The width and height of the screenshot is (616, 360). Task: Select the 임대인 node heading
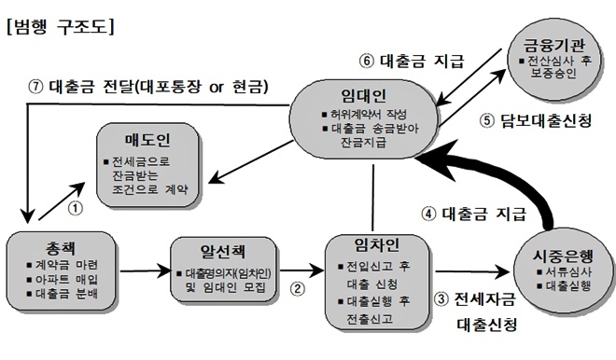coord(365,96)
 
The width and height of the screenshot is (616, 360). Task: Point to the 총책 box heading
coord(55,246)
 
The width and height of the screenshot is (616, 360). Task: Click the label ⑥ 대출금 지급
coord(412,62)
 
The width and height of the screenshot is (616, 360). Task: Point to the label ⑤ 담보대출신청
coord(536,120)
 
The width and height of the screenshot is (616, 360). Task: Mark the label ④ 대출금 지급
coord(474,212)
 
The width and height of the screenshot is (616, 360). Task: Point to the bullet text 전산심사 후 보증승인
coord(560,67)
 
